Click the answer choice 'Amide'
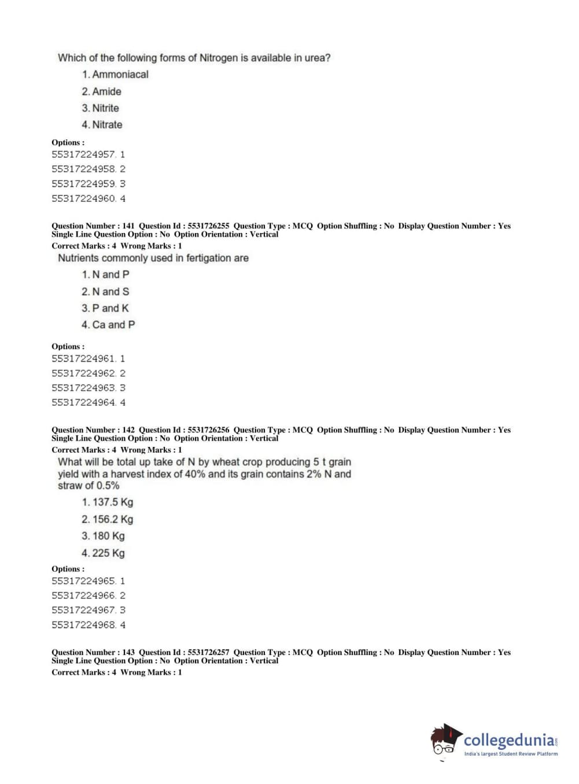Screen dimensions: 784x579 tap(106, 91)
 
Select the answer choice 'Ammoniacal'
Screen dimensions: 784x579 tap(120, 75)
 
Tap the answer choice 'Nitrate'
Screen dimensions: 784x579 tap(107, 125)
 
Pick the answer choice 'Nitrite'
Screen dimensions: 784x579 tap(105, 108)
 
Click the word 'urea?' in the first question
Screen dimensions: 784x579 tap(318, 58)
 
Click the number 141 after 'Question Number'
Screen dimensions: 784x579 tap(128, 226)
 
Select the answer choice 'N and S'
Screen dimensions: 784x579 tap(110, 291)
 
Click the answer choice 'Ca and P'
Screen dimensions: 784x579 tap(113, 325)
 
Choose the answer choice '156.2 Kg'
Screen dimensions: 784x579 tap(113, 519)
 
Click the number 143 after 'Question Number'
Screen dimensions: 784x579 tap(128, 652)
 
